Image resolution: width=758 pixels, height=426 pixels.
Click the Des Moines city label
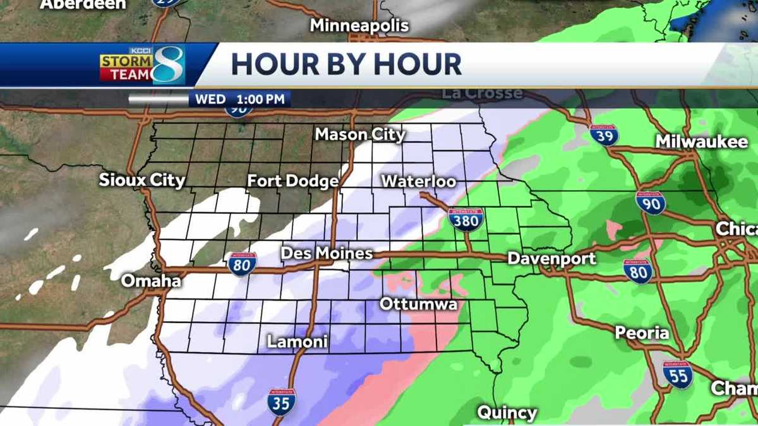[x=327, y=253]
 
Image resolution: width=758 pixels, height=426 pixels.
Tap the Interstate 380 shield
[x=466, y=219]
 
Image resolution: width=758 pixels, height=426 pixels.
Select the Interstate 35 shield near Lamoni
[x=281, y=401]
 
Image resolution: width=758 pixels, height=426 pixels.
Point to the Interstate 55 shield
[x=677, y=374]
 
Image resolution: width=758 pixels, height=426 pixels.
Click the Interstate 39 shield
[x=604, y=134]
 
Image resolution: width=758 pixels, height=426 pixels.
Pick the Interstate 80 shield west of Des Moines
[x=243, y=264]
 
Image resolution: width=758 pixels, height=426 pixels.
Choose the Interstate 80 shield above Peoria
[x=637, y=271]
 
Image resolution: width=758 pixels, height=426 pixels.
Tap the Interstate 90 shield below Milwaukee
[x=650, y=203]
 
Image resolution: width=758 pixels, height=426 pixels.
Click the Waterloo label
[x=418, y=181]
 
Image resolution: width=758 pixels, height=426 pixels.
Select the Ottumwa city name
[x=418, y=304]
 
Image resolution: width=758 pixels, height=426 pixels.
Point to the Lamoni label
[x=298, y=342]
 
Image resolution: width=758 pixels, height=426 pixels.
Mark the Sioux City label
[x=142, y=180]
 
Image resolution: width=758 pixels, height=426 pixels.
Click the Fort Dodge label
[x=292, y=181]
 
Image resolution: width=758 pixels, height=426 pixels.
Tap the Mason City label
[x=360, y=134]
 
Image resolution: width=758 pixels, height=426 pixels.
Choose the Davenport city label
[x=551, y=259]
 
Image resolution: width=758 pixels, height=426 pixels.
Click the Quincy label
[x=507, y=413]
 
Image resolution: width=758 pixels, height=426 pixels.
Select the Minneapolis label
[x=359, y=26]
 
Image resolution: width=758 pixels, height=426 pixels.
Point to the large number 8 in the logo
[x=168, y=65]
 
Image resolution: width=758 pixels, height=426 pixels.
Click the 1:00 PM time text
[x=263, y=99]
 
